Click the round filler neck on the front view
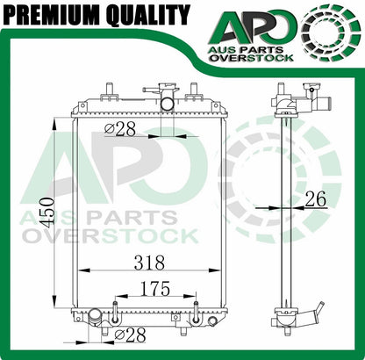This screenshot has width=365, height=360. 167,103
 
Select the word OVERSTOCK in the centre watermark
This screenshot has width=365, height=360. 124,235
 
